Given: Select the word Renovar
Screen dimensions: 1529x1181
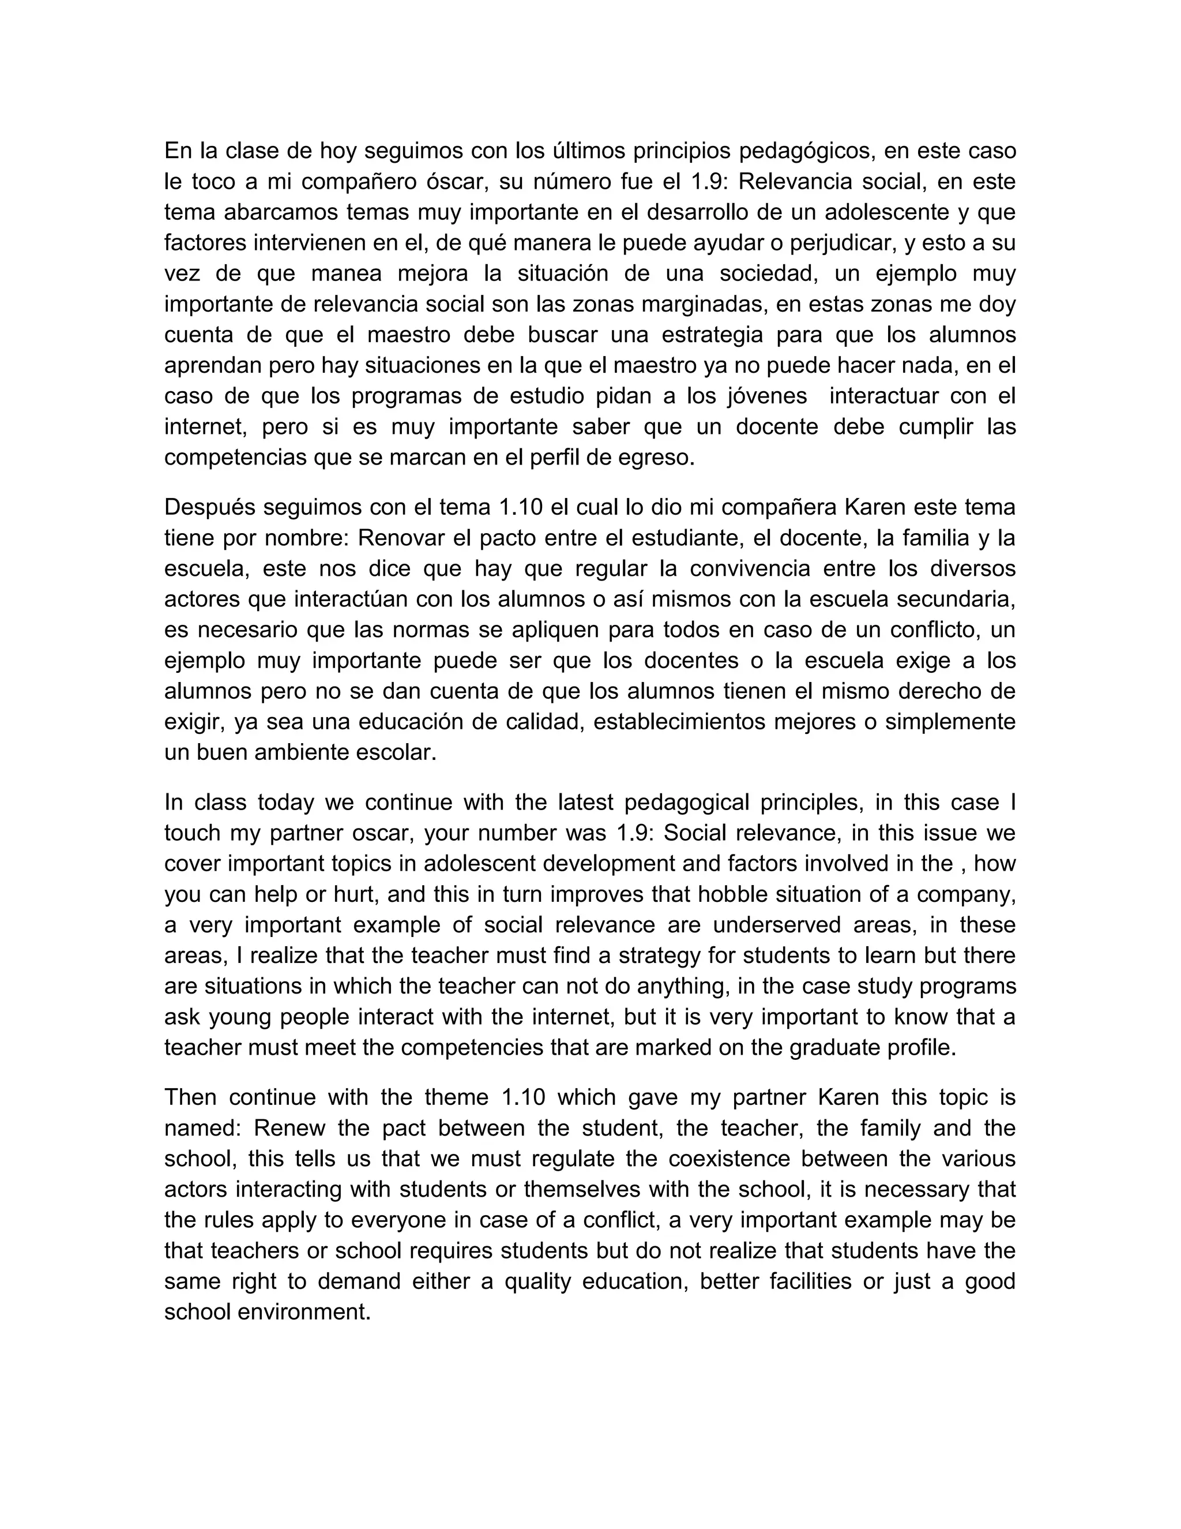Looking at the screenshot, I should click(x=400, y=538).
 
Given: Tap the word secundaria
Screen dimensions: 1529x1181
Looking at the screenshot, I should click(x=955, y=600).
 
